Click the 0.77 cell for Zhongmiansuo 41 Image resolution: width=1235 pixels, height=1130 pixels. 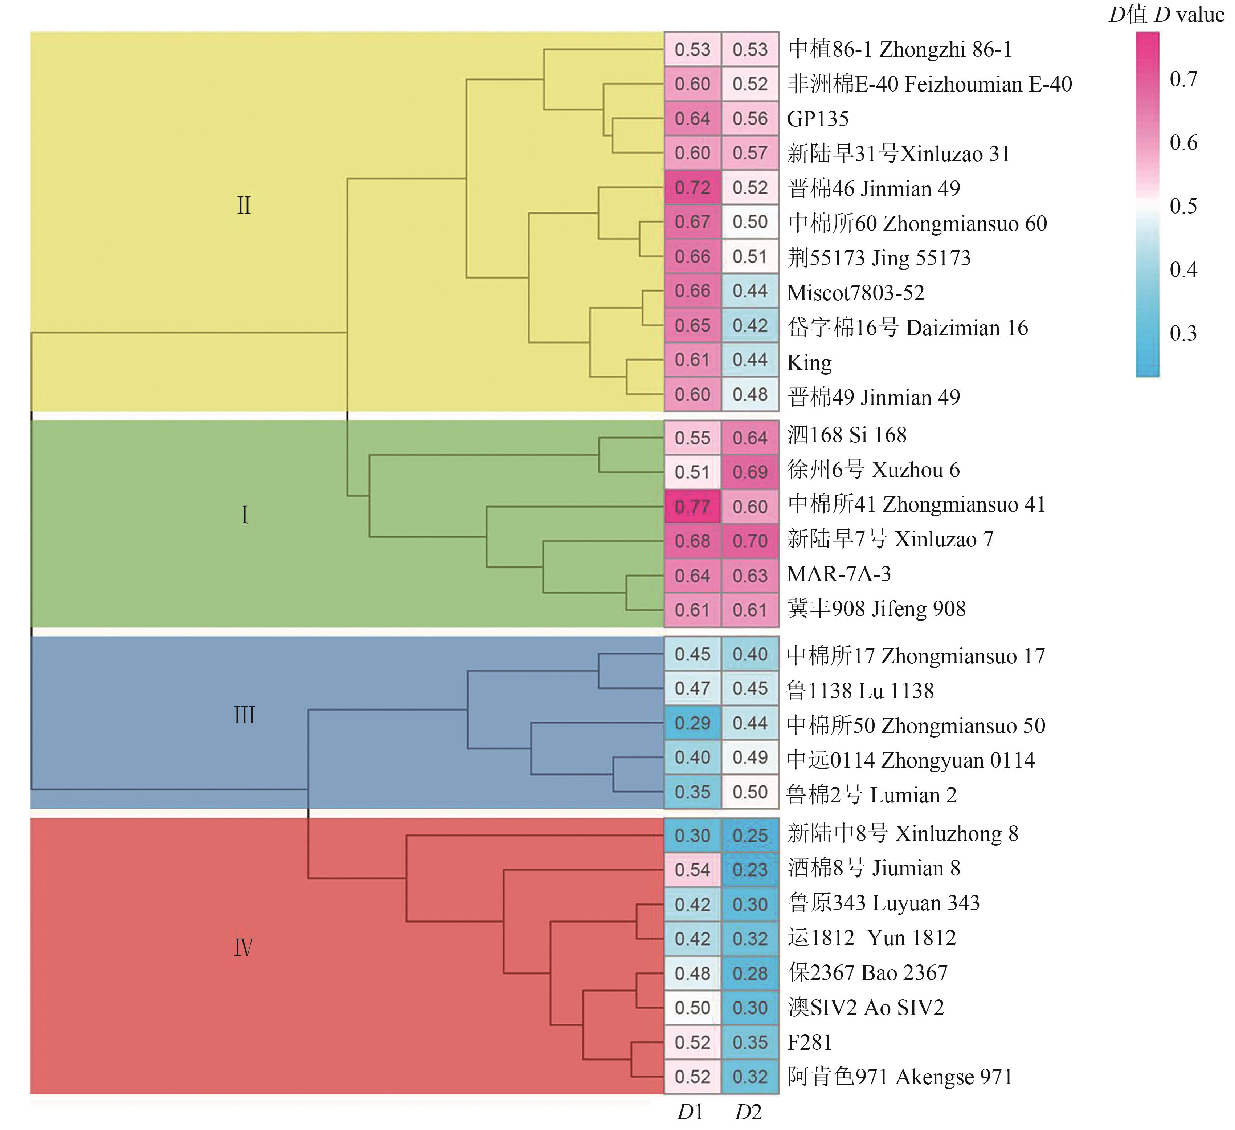(x=692, y=507)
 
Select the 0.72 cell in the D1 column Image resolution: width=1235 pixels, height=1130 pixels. (x=692, y=187)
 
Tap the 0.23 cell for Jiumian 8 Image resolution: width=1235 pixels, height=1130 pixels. (x=750, y=870)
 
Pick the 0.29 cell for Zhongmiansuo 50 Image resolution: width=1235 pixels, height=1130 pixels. (x=692, y=723)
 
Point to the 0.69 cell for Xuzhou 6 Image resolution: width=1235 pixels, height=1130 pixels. (x=750, y=472)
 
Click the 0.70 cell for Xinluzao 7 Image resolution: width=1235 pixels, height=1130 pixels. (x=750, y=541)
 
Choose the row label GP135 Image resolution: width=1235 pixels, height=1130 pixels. (x=818, y=119)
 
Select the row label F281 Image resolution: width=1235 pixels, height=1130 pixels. (x=810, y=1042)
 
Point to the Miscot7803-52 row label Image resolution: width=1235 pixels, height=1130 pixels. (x=855, y=293)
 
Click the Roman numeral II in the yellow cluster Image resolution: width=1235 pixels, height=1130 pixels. (x=244, y=205)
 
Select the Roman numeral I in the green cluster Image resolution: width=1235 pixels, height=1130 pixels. (x=245, y=515)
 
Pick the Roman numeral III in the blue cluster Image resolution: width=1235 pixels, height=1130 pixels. (x=244, y=715)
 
